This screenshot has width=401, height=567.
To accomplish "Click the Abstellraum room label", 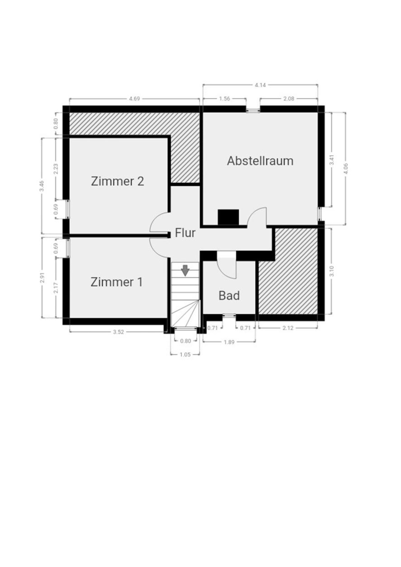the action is pyautogui.click(x=260, y=161).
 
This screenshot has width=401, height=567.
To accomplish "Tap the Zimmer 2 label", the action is pyautogui.click(x=117, y=181).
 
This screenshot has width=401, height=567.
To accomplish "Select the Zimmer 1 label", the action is pyautogui.click(x=116, y=282).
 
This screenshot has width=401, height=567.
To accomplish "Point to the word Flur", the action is pyautogui.click(x=185, y=233).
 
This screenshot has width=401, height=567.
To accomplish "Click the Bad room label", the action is pyautogui.click(x=229, y=295).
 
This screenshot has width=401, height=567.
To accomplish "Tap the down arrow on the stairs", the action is pyautogui.click(x=185, y=270).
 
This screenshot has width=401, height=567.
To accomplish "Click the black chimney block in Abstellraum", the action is pyautogui.click(x=228, y=217).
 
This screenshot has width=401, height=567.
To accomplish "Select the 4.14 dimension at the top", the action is pyautogui.click(x=260, y=85).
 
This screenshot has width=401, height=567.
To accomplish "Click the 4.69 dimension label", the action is pyautogui.click(x=135, y=99).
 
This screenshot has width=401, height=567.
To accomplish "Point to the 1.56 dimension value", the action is pyautogui.click(x=224, y=99).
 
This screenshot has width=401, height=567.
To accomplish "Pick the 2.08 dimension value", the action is pyautogui.click(x=289, y=99).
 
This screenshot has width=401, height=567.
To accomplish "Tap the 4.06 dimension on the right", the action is pyautogui.click(x=346, y=168).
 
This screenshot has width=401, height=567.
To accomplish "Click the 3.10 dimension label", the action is pyautogui.click(x=331, y=271).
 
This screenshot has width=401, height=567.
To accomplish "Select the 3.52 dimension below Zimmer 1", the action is pyautogui.click(x=118, y=332).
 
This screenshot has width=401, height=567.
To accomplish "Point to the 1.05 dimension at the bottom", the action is pyautogui.click(x=185, y=355).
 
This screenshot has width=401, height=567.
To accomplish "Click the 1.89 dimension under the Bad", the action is pyautogui.click(x=229, y=342).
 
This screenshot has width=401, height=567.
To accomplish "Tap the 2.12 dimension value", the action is pyautogui.click(x=288, y=328).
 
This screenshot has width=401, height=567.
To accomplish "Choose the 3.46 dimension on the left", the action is pyautogui.click(x=42, y=186).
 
